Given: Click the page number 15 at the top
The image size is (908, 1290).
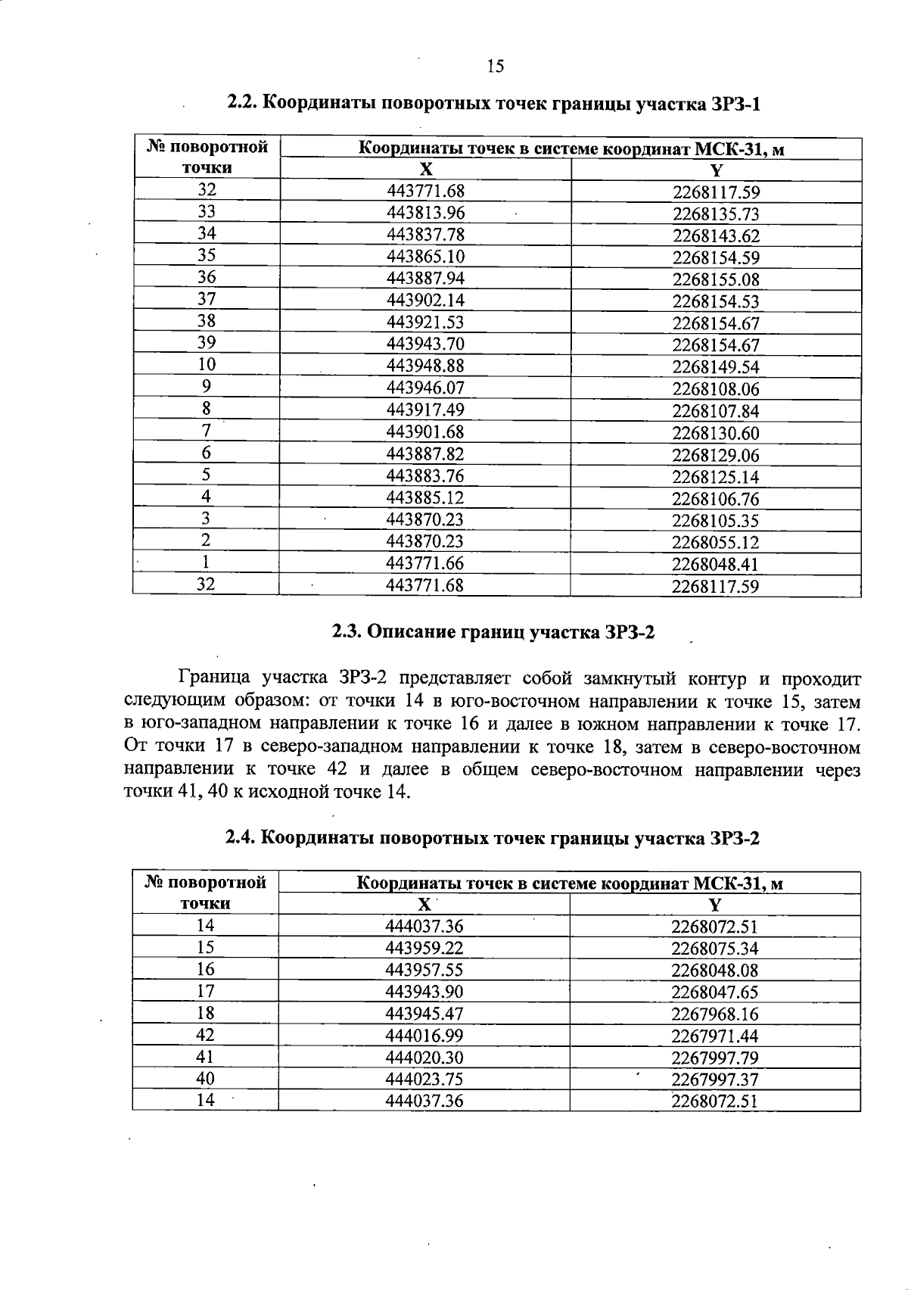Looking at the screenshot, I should click(495, 67).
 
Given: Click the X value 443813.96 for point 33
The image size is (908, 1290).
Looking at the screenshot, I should click(425, 213).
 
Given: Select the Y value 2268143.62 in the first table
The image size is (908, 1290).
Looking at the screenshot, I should click(716, 235).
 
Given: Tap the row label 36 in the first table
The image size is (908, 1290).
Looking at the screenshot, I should click(206, 277).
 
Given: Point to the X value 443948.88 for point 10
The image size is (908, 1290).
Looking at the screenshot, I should click(425, 366).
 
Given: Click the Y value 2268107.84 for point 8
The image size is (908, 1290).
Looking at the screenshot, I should click(716, 411).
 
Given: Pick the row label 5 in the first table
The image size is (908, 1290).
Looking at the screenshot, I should click(206, 475).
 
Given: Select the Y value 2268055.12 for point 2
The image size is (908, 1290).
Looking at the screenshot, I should click(716, 543).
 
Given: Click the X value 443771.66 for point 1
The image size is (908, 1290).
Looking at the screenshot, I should click(425, 563).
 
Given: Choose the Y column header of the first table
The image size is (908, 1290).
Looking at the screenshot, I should click(716, 170).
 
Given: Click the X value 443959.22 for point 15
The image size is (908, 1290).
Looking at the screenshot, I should click(424, 948).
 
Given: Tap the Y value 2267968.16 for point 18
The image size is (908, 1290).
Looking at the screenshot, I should click(714, 1014).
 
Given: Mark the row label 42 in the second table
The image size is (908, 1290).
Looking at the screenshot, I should click(205, 1035).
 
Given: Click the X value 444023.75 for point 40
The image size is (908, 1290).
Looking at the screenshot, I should click(424, 1079).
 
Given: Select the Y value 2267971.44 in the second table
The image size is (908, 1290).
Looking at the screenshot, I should click(714, 1036).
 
